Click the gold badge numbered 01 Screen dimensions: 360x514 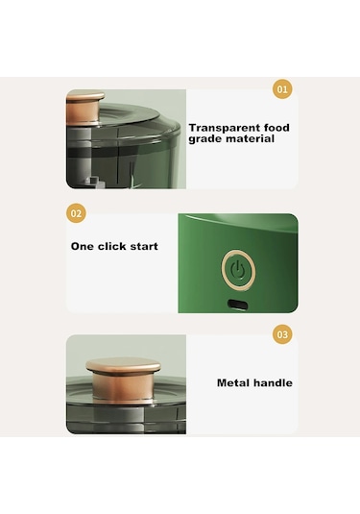[x=282, y=88]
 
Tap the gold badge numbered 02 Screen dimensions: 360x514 [x=76, y=213]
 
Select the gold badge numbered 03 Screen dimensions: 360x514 [x=282, y=334]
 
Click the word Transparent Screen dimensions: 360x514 [x=225, y=128]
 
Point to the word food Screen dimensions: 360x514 [x=276, y=127]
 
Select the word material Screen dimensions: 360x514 [x=251, y=138]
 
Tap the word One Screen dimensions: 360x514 [x=83, y=246]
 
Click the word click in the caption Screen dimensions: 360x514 [x=112, y=246]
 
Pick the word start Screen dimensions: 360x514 [x=144, y=247]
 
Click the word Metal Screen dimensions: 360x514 [x=232, y=382]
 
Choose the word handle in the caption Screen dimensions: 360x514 [x=273, y=382]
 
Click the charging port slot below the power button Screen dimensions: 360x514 [x=238, y=305]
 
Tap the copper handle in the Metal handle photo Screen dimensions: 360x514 [x=123, y=379]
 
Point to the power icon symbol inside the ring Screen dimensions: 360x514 [x=238, y=271]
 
